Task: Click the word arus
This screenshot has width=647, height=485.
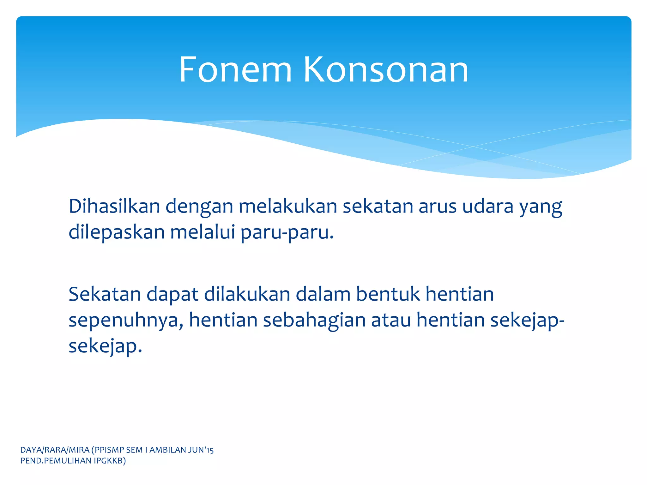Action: (x=438, y=207)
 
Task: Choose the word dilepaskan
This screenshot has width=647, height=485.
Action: (x=117, y=232)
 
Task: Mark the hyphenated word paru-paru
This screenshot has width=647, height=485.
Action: (x=287, y=233)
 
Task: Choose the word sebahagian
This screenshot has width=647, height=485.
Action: (x=314, y=320)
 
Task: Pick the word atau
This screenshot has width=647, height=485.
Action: (x=391, y=320)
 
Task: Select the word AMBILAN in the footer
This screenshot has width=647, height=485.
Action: (x=167, y=450)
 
